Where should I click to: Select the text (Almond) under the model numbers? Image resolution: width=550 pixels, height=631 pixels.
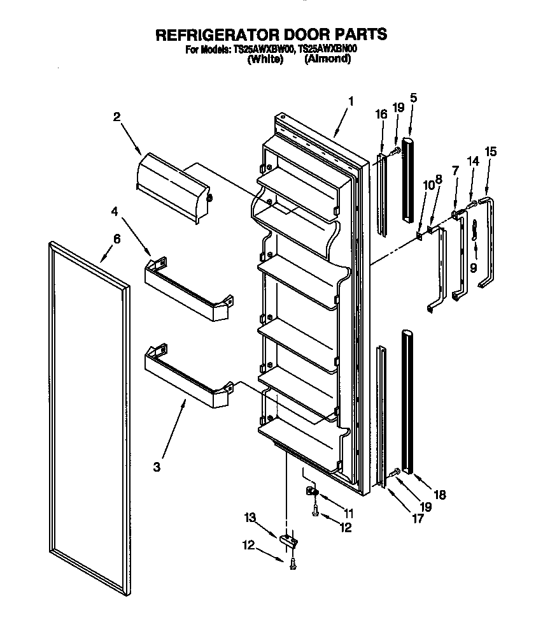tap(327, 59)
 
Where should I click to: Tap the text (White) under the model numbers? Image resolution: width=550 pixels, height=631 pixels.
tap(265, 59)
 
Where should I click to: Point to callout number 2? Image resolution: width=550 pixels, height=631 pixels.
tap(117, 117)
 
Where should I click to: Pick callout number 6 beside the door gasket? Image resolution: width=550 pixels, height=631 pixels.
tap(116, 239)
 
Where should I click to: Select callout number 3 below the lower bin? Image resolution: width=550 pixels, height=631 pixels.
tap(157, 467)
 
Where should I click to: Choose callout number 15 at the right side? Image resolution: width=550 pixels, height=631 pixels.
tap(490, 152)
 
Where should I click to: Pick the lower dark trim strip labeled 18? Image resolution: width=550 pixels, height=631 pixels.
tap(406, 402)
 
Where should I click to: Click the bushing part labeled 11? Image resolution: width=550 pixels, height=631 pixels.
tap(311, 493)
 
